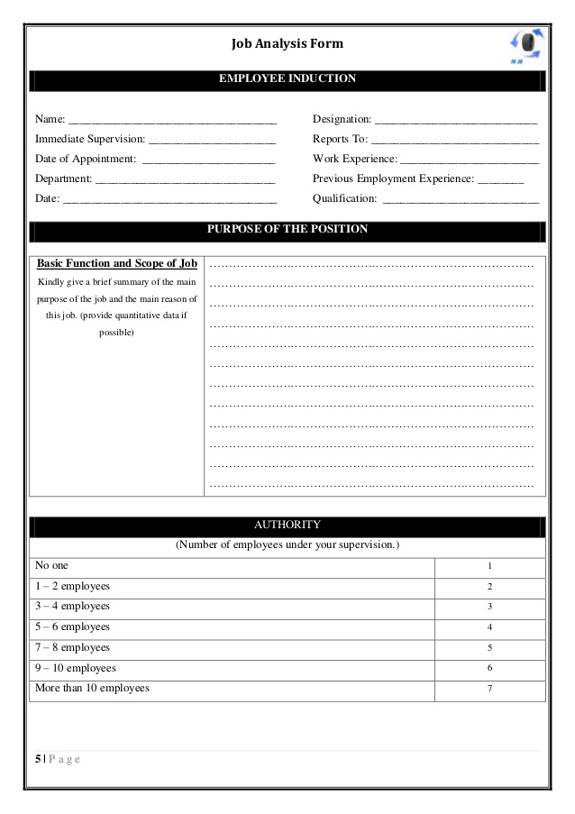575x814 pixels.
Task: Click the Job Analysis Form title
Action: [287, 43]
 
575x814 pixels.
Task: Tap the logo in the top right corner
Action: [527, 45]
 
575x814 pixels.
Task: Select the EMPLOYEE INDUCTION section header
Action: [287, 79]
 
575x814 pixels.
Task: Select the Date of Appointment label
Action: [86, 159]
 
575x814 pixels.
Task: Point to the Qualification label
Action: [345, 198]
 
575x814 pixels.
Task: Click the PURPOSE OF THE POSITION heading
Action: [287, 229]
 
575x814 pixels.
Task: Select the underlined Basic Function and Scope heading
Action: [116, 264]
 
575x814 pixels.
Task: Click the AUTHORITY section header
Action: [287, 525]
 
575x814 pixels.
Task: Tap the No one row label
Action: [51, 566]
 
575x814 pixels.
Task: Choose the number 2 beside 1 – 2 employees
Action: [489, 587]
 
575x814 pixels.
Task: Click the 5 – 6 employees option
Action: [72, 627]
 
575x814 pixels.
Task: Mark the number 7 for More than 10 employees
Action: [489, 690]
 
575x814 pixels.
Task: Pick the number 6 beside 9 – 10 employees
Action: [489, 669]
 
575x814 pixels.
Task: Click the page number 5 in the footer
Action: [38, 759]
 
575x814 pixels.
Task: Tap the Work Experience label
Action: [354, 159]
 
